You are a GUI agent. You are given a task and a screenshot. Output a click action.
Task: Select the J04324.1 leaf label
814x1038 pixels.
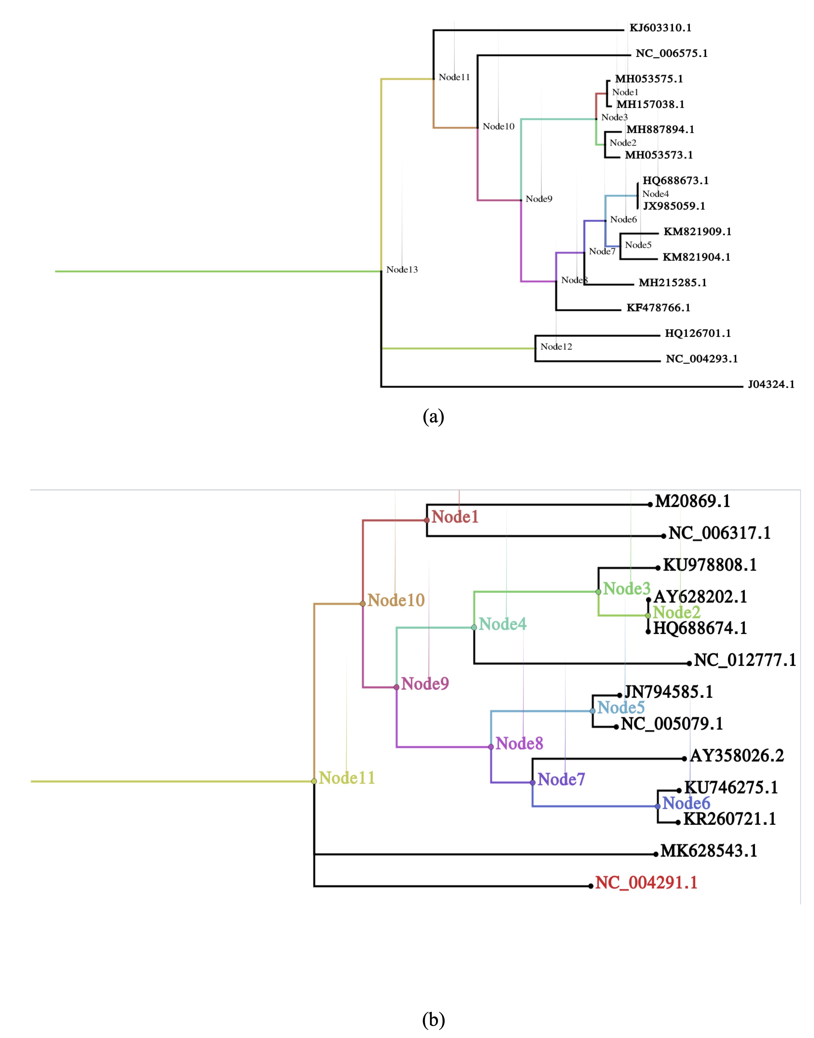[771, 385]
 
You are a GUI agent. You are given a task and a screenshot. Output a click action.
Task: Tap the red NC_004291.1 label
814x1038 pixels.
[646, 883]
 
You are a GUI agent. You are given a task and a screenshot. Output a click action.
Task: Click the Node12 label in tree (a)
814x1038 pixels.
[556, 347]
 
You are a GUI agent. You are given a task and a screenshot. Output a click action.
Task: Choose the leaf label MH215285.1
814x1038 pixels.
[672, 283]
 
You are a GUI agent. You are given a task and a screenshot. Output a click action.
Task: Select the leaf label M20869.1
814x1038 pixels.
[693, 501]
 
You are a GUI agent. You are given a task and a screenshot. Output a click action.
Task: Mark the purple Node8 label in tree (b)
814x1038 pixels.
[519, 743]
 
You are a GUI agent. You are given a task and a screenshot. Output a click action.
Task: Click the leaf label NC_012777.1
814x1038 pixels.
[745, 660]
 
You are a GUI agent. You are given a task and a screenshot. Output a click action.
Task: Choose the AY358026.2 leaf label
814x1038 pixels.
[737, 755]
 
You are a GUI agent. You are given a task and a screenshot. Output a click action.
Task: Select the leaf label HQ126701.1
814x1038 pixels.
[698, 334]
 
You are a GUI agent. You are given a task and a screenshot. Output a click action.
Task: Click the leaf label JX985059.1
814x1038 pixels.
[674, 206]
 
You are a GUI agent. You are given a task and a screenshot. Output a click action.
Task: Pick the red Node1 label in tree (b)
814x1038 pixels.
[455, 517]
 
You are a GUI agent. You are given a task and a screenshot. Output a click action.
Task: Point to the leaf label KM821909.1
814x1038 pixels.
[697, 232]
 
